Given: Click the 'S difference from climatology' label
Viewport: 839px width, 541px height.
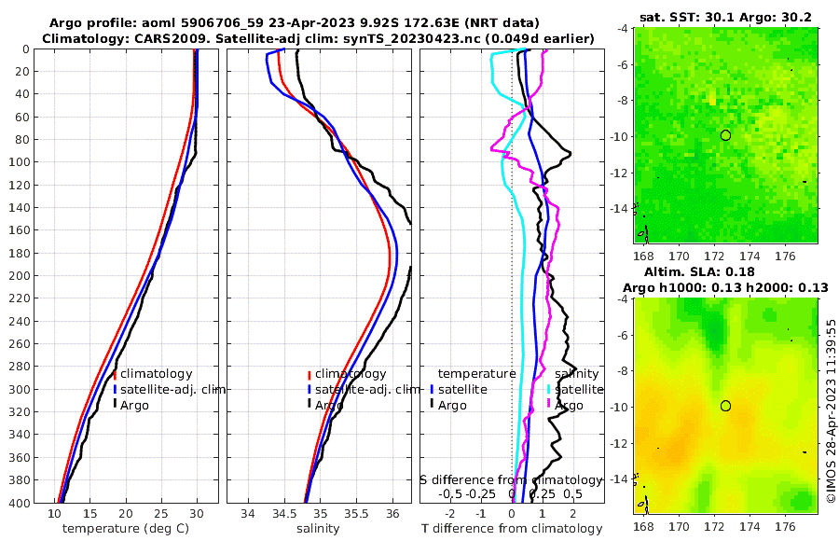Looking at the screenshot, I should click(x=507, y=479).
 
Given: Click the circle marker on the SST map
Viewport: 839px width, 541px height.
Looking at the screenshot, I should click(x=725, y=135).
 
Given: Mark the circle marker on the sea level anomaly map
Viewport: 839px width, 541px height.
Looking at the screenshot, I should click(x=725, y=406).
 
